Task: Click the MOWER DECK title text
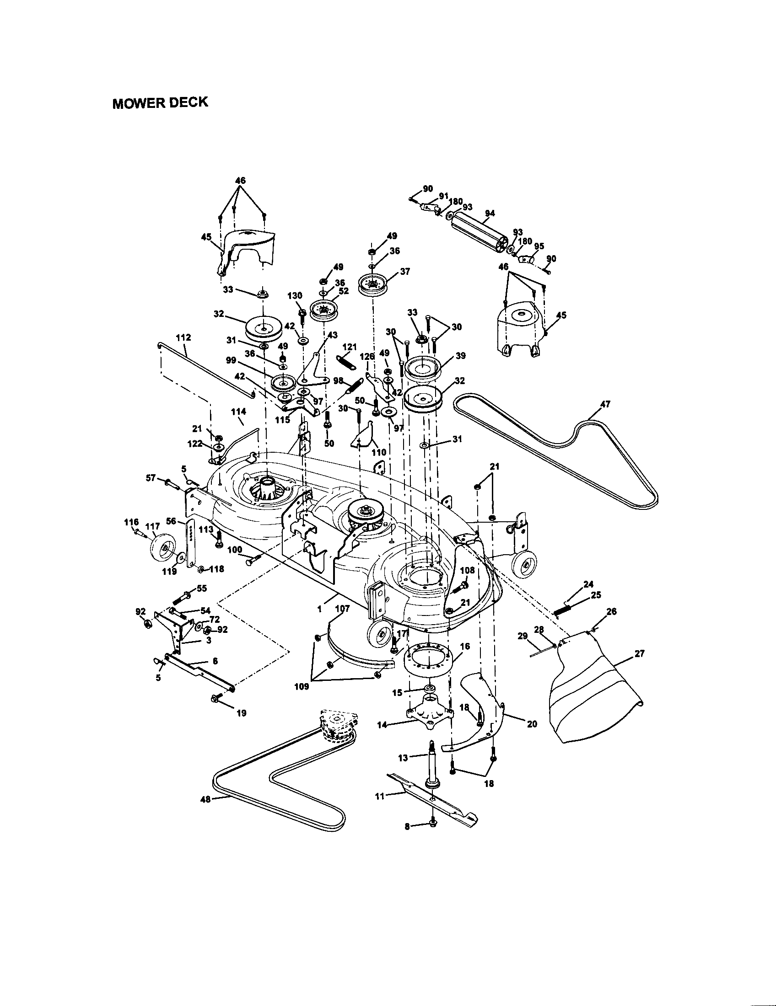[160, 102]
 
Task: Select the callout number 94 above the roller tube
[490, 213]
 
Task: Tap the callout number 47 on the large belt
[605, 404]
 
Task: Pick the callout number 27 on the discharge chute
[639, 653]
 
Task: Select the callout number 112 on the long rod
[183, 337]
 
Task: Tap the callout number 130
[295, 295]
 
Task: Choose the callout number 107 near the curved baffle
[342, 609]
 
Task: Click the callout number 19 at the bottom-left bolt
[242, 713]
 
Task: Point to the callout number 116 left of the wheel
[131, 522]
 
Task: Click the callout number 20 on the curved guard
[532, 724]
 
